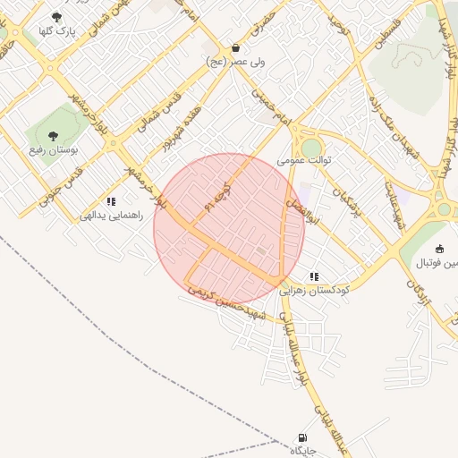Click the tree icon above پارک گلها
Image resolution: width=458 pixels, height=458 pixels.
(x=57, y=17)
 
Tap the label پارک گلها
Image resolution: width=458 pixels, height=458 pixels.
(x=56, y=31)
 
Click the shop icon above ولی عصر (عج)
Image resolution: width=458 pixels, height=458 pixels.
(x=235, y=48)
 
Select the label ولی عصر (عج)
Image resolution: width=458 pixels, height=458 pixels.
(x=235, y=64)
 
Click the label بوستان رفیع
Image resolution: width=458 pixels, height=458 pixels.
(x=55, y=149)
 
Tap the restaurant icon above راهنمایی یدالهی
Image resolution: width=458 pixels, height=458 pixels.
(x=112, y=201)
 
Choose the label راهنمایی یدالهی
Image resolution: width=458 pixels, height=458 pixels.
(x=112, y=216)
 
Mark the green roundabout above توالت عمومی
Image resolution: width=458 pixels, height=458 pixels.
(x=310, y=147)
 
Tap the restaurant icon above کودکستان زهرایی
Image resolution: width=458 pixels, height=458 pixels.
(x=313, y=276)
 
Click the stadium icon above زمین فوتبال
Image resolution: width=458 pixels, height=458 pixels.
(x=438, y=249)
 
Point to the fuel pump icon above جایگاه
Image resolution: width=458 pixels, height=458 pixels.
(x=302, y=438)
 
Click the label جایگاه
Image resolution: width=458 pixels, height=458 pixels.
(x=302, y=452)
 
